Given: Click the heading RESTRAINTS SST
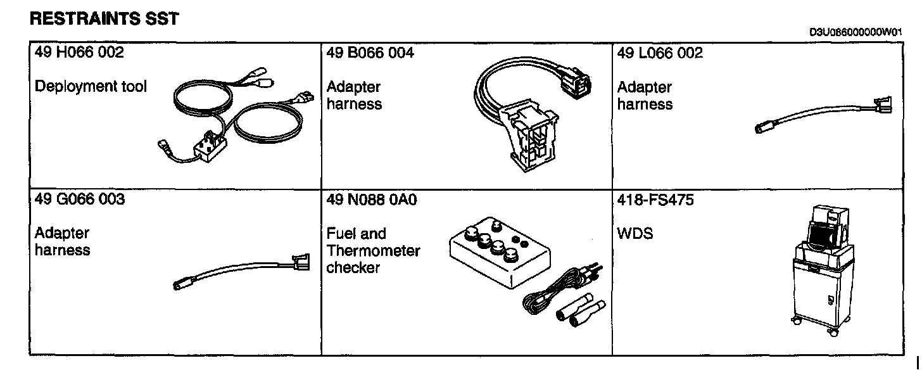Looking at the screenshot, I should click(x=104, y=19).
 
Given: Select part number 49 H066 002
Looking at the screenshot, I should click(x=79, y=53).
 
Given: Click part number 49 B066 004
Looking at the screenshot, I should click(x=370, y=53).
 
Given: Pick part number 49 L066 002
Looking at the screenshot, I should click(x=660, y=53).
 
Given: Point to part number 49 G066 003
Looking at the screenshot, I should click(x=80, y=200).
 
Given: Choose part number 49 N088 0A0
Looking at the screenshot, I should click(x=372, y=200).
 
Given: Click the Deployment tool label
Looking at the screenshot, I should click(x=91, y=86).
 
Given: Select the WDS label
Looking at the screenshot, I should click(x=635, y=234).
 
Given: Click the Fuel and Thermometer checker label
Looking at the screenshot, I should click(x=373, y=250).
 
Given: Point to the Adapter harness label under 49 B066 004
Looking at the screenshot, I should click(x=354, y=95).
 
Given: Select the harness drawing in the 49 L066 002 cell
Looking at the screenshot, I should click(x=823, y=115).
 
